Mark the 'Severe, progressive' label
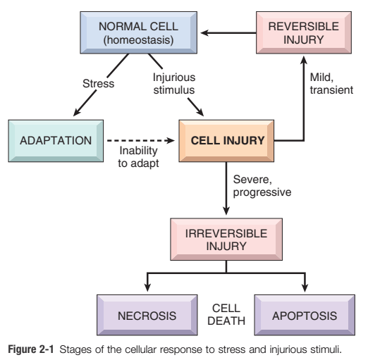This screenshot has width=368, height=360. tap(262, 186)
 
